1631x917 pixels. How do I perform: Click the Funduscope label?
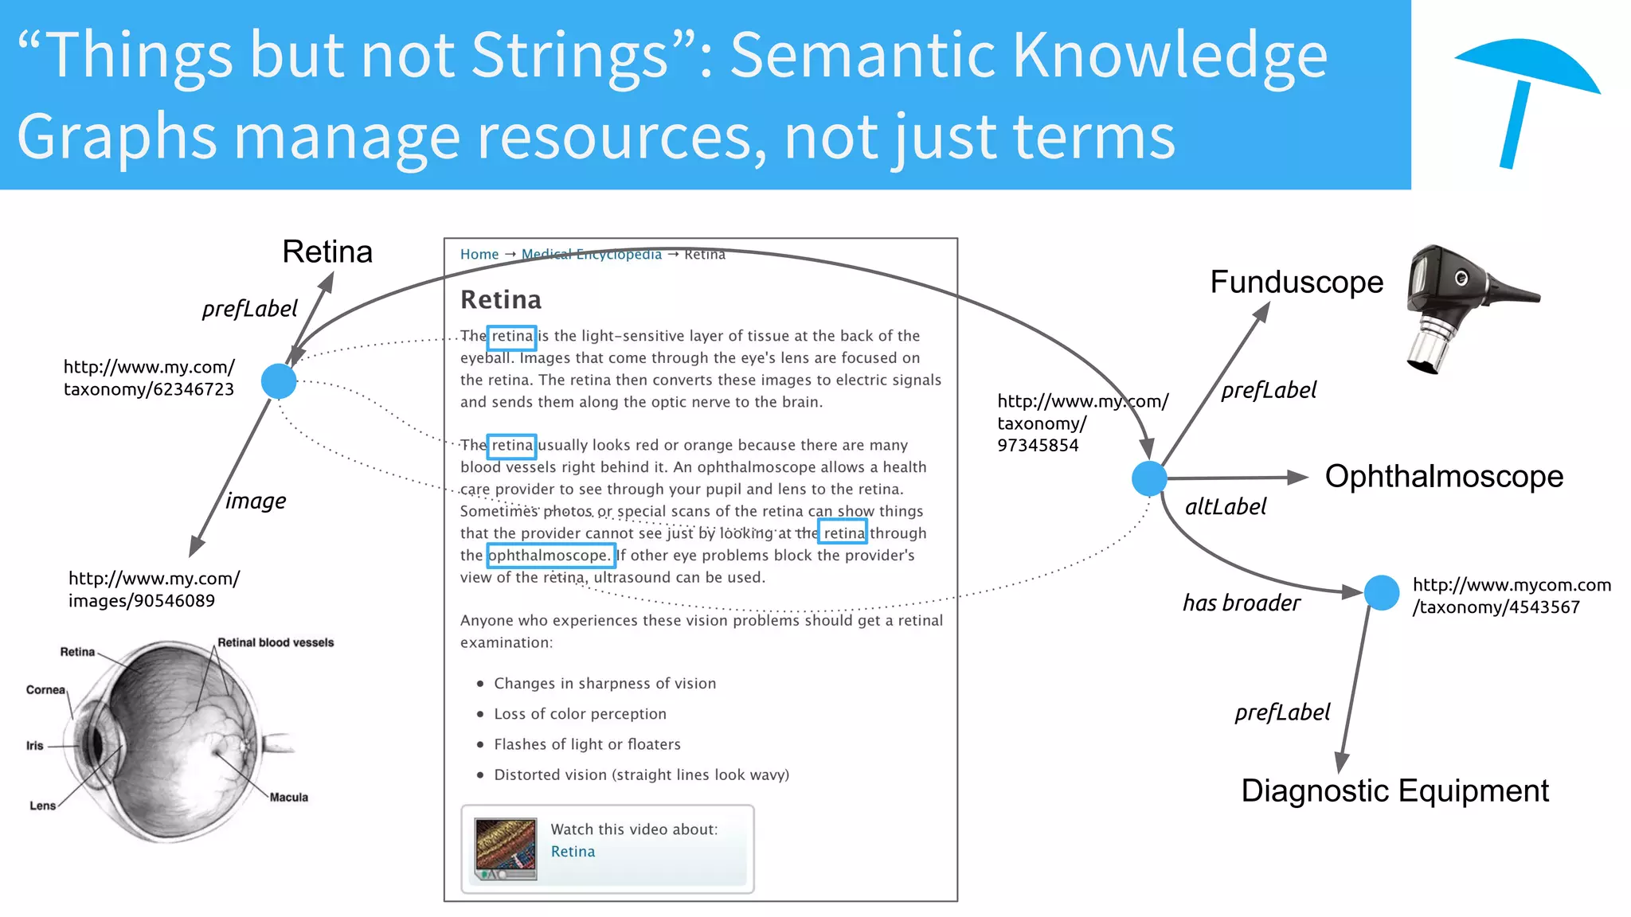coord(1296,283)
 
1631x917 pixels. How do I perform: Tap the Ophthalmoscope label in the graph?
coord(1443,477)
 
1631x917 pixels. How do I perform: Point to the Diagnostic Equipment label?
coord(1394,791)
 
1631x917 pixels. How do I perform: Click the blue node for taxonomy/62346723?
coord(279,381)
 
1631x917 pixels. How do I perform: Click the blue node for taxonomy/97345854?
coord(1148,478)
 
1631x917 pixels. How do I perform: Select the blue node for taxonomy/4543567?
coord(1381,593)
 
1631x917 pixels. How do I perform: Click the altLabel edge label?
coord(1225,507)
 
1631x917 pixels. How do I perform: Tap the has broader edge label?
coord(1241,603)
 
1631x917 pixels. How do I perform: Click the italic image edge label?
coord(255,501)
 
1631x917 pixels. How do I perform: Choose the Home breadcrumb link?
coord(479,255)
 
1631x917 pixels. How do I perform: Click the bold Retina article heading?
coord(500,300)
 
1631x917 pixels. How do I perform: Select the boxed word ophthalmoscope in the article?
coord(550,556)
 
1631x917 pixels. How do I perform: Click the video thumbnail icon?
coord(505,849)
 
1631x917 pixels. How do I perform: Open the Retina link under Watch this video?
coord(573,852)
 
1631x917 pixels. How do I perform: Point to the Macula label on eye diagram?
coord(288,798)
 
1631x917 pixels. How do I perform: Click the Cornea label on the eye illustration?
coord(45,690)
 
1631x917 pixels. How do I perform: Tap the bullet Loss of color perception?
coord(579,714)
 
